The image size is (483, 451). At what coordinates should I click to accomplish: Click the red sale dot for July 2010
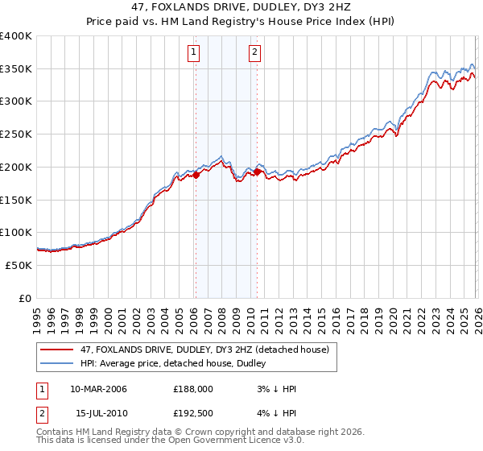pyautogui.click(x=257, y=171)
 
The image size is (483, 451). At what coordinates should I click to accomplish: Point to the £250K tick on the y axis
pyautogui.click(x=16, y=134)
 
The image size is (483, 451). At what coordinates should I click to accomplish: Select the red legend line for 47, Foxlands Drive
pyautogui.click(x=57, y=350)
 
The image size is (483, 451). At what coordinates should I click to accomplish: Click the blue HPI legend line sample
pyautogui.click(x=57, y=365)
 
